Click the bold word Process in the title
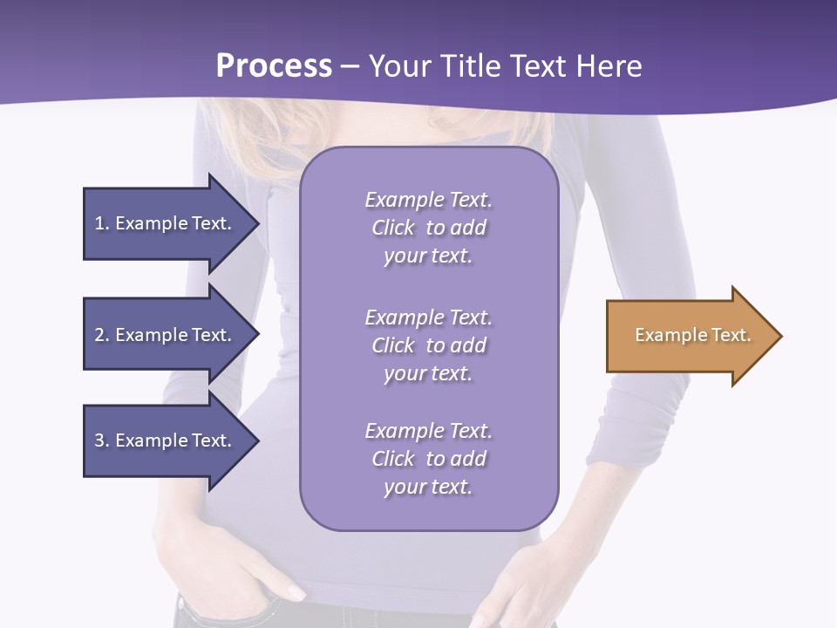[274, 66]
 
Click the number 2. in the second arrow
[101, 335]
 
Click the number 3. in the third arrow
[101, 440]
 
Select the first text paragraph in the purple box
[428, 228]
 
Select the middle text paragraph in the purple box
[428, 345]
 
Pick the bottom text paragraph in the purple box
[428, 459]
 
